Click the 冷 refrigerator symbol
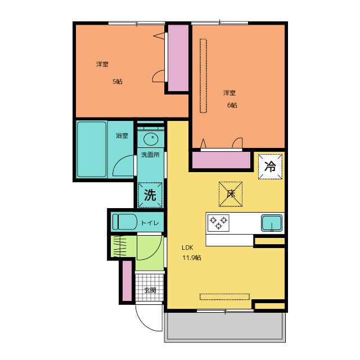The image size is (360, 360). point(270,166)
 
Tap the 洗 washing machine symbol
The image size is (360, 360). point(150,195)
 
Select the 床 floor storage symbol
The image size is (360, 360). point(231,193)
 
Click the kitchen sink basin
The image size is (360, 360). point(272,223)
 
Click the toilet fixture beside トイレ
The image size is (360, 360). point(124,222)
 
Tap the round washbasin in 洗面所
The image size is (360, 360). point(151,139)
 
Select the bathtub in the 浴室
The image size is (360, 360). point(92,149)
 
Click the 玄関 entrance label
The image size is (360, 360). point(150,290)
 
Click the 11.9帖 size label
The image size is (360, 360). point(191,258)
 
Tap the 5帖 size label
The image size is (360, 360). point(117,82)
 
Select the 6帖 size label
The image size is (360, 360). point(232,105)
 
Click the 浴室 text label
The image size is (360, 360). point(121,136)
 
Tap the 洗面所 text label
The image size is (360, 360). point(150,154)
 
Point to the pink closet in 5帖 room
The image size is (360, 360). point(179,57)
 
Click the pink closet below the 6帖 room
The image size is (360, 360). point(220,161)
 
